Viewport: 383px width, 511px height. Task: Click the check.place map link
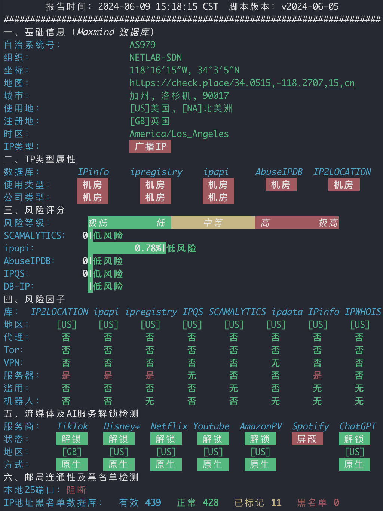[x=242, y=83]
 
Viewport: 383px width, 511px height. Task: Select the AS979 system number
[x=143, y=45]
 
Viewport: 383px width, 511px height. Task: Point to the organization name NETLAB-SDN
[x=156, y=58]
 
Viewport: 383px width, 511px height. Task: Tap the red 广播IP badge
[x=150, y=146]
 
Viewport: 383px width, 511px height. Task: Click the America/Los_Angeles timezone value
[x=179, y=134]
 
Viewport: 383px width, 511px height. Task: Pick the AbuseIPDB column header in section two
[x=279, y=172]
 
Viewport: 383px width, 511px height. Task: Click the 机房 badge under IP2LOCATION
[x=344, y=185]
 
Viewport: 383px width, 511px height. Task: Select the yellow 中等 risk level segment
[x=213, y=223]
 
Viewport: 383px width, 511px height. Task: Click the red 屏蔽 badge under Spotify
[x=307, y=439]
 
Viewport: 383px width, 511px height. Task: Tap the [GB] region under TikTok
[x=72, y=452]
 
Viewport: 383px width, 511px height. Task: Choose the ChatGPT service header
[x=358, y=426]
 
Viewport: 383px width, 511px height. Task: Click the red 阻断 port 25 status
[x=76, y=490]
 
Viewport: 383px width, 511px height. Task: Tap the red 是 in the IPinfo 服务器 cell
[x=318, y=376]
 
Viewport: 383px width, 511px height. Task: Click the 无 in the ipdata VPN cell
[x=276, y=363]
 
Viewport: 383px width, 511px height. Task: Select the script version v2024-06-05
[x=310, y=6]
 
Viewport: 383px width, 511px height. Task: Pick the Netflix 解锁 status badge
[x=166, y=439]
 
